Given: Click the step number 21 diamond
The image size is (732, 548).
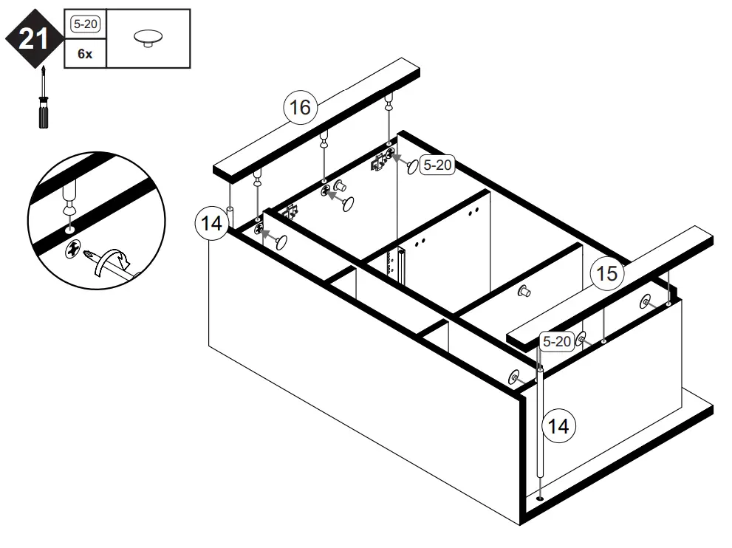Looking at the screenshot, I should click(33, 38).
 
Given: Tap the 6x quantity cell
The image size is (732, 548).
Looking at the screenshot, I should click(85, 54).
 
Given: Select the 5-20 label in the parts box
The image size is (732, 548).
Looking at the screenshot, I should click(85, 24).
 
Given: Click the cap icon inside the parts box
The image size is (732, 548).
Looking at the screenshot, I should click(148, 38).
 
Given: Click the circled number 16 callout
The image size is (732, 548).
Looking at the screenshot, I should click(299, 108).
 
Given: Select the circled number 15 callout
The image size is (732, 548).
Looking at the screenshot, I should click(606, 274).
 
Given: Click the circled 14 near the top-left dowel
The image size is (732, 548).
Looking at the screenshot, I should click(212, 224).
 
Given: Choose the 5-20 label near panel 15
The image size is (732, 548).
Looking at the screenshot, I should click(556, 341).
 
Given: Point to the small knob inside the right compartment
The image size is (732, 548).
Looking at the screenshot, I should click(525, 291).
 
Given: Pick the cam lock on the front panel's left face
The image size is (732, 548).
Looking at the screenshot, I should click(514, 377).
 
